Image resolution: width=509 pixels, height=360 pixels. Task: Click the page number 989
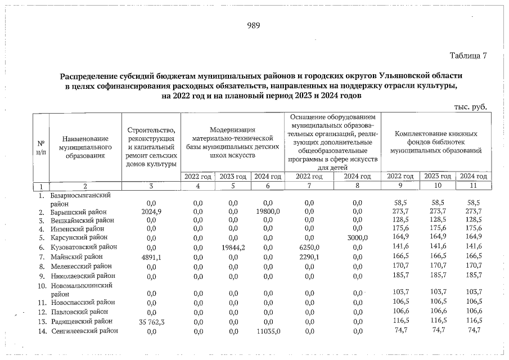(254, 25)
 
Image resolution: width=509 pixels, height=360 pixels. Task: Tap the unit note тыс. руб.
(470, 107)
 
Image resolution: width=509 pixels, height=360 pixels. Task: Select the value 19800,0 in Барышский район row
(268, 211)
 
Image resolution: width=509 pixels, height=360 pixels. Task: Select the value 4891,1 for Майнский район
(150, 256)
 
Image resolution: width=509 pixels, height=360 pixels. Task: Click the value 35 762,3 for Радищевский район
(148, 321)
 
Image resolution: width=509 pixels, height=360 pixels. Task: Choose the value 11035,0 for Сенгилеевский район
(268, 331)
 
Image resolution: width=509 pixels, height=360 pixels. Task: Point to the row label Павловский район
(81, 311)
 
